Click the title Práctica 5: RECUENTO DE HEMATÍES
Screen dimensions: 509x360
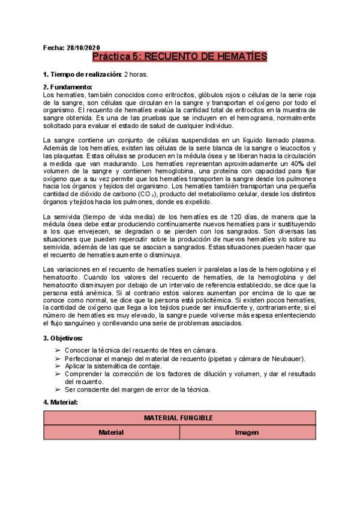179,57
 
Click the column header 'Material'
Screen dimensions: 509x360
111,432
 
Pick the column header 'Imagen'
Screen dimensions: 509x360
247,432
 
